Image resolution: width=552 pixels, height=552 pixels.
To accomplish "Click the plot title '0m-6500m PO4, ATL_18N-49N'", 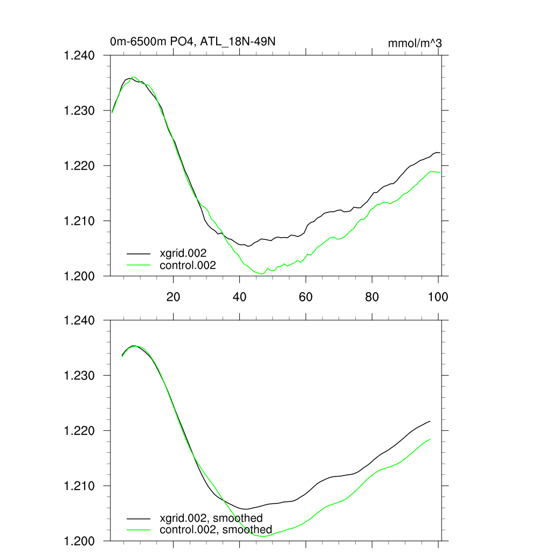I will tap(193, 42).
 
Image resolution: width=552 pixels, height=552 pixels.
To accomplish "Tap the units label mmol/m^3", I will tap(415, 43).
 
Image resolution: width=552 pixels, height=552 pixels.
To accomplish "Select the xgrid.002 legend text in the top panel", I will tap(183, 253).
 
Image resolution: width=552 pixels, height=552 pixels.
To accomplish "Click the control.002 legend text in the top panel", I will tap(188, 265).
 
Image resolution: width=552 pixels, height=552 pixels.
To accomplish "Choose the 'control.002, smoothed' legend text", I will tap(216, 530).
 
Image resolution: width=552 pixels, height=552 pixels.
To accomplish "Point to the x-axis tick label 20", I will tap(174, 296).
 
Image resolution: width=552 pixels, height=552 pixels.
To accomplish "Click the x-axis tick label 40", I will tap(240, 296).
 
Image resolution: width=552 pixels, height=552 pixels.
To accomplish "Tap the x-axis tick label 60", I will tap(306, 296).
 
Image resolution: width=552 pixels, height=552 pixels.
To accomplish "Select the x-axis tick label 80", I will tap(372, 296).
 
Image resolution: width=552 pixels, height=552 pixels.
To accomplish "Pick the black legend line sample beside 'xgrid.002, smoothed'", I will tap(139, 519).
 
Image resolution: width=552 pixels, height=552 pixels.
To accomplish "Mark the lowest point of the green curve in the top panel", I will tap(262, 274).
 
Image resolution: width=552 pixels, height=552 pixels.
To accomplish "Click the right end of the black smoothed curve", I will tap(430, 421).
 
